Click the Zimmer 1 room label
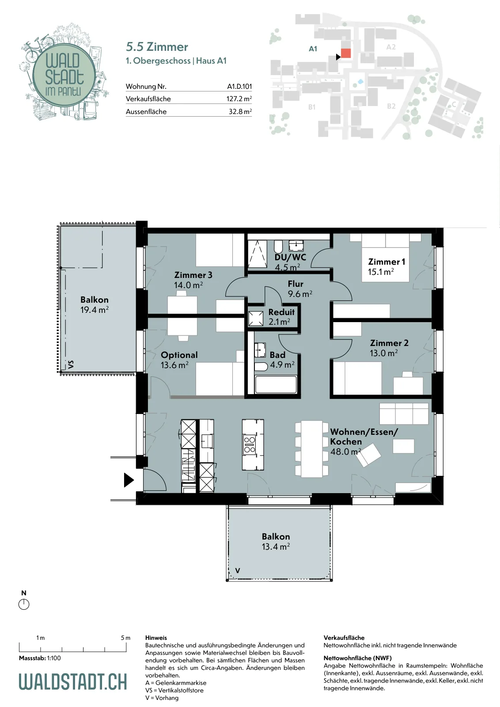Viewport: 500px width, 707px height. [386, 266]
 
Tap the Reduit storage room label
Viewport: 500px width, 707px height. [281, 316]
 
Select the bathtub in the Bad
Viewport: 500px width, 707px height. [276, 384]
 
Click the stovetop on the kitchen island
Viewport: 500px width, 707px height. [249, 444]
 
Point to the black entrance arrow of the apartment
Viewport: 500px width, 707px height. [129, 480]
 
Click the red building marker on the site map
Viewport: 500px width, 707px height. [346, 53]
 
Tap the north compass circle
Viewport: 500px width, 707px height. [24, 604]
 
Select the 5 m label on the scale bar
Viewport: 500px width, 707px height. [125, 638]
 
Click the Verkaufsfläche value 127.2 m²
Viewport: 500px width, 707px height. [239, 99]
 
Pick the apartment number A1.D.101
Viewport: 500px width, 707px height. [239, 86]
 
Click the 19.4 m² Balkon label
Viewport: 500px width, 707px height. [95, 304]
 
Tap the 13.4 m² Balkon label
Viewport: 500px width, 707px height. [276, 541]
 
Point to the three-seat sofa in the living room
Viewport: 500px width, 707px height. [404, 414]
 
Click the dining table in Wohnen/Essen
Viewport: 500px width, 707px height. [312, 449]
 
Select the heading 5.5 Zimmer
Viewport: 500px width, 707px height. [157, 47]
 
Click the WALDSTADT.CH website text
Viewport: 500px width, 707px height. [73, 681]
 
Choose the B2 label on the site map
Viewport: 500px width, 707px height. [391, 106]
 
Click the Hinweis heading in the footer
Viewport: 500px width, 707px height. [156, 638]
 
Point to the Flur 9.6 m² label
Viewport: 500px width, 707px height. [299, 289]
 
